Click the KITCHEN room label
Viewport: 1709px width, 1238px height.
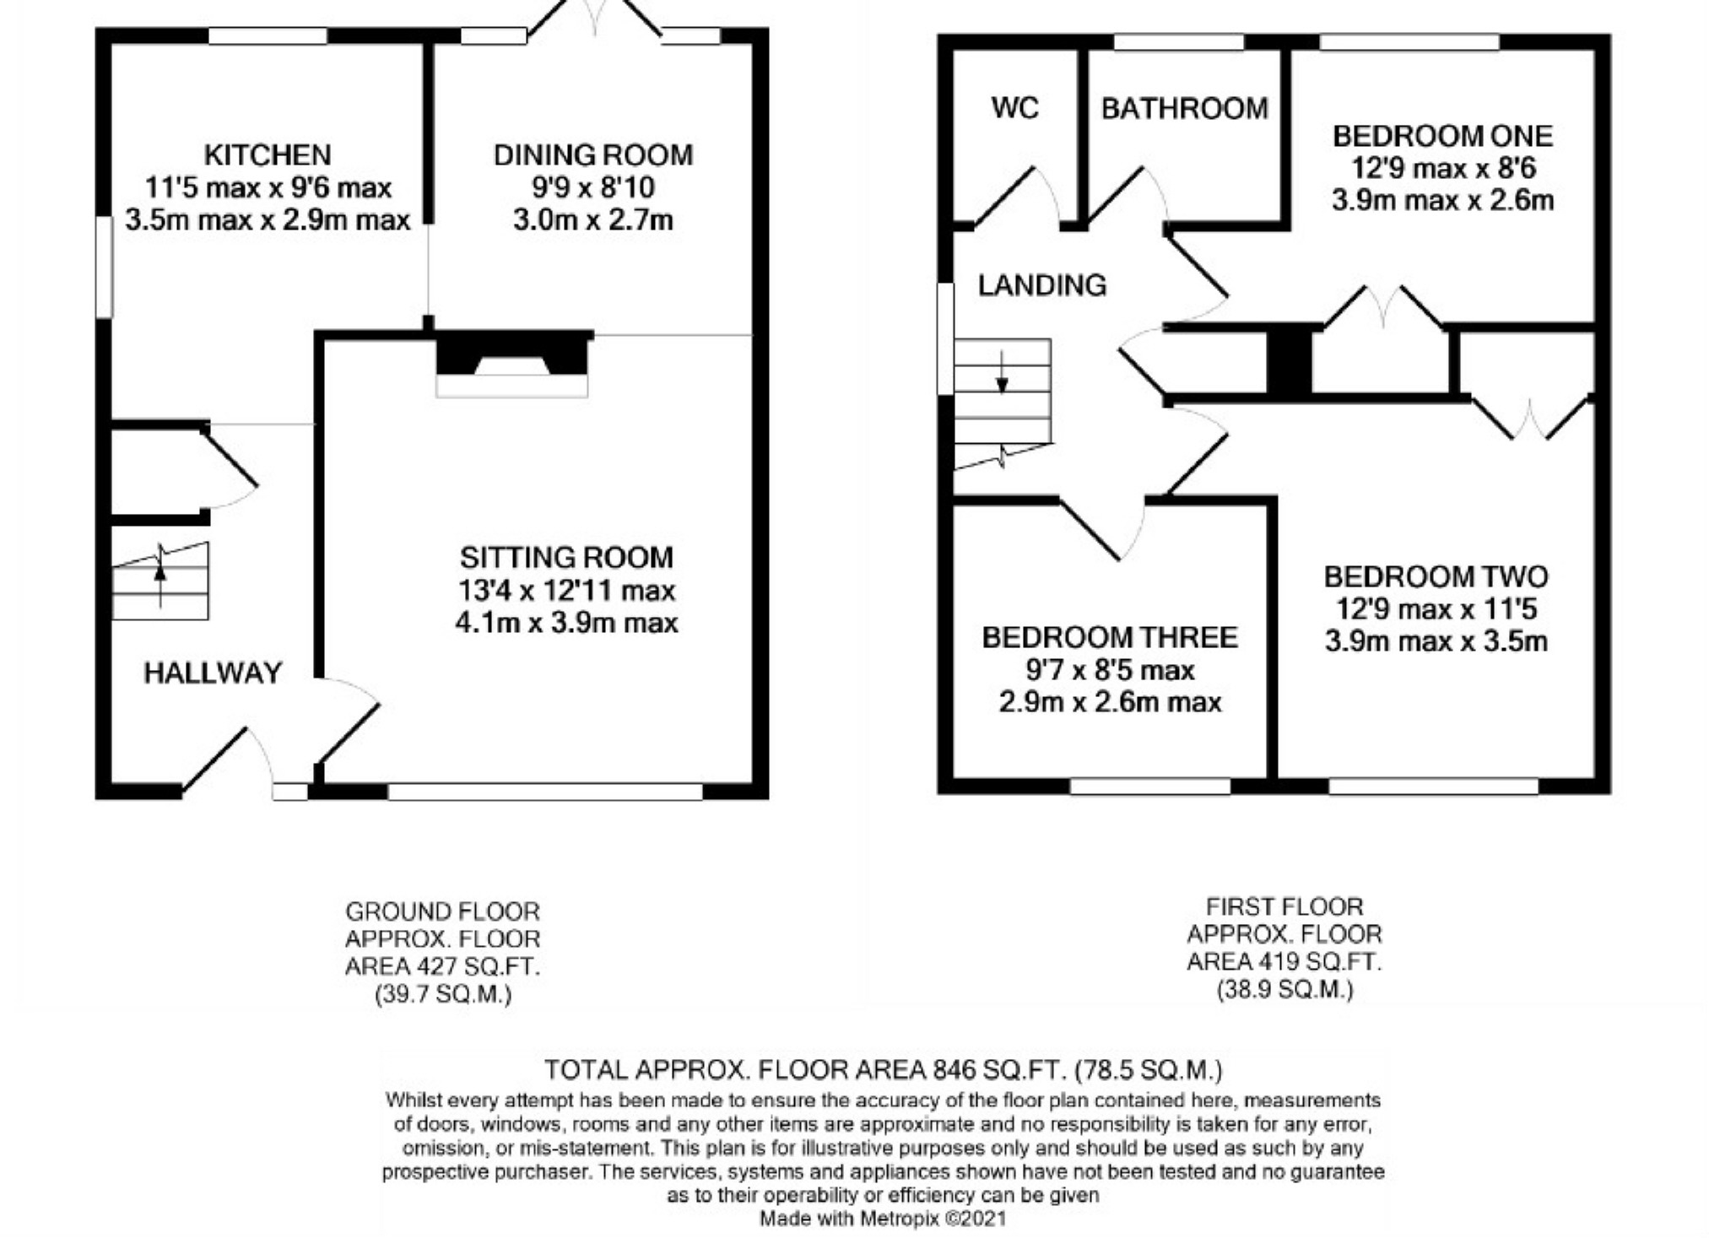(268, 155)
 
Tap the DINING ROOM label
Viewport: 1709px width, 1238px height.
(592, 155)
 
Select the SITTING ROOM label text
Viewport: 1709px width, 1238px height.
(566, 558)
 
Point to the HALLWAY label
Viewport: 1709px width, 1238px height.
(213, 673)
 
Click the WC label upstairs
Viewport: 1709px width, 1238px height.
(1014, 108)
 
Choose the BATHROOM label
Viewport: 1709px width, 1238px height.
(1184, 108)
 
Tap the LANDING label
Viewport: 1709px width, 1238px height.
(1041, 285)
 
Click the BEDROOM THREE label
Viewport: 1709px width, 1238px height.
(1110, 637)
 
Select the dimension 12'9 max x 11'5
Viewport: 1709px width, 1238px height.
(1436, 608)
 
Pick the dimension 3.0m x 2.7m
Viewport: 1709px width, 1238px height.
(592, 220)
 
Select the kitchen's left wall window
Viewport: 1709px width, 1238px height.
(104, 267)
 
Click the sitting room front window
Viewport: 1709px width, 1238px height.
(544, 792)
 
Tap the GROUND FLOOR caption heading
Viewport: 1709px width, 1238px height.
(442, 911)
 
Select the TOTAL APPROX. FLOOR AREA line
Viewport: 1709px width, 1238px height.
(883, 1070)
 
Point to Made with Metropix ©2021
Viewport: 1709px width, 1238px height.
(883, 1219)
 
